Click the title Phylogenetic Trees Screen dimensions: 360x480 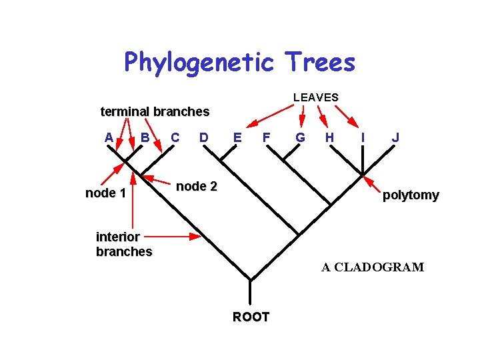tap(239, 62)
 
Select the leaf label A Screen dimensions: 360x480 tap(109, 137)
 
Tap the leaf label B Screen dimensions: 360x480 tap(145, 137)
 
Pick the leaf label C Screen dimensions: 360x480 tap(175, 137)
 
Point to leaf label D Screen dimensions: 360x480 tap(204, 137)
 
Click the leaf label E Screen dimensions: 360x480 tap(237, 137)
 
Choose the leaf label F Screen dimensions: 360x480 tap(266, 137)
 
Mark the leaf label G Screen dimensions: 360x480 tap(300, 137)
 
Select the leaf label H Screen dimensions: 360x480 tap(329, 137)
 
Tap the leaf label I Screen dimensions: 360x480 tap(362, 137)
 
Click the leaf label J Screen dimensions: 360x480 tap(396, 137)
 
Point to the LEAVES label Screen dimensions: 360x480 tap(315, 97)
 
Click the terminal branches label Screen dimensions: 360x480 tap(155, 111)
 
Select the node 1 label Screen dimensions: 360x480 tap(105, 193)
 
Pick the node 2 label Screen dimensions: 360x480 tap(196, 187)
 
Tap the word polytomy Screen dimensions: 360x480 tap(411, 195)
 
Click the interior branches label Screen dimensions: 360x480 tap(124, 244)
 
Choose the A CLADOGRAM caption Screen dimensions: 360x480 tap(372, 267)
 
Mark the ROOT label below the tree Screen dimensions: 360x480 tap(251, 317)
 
